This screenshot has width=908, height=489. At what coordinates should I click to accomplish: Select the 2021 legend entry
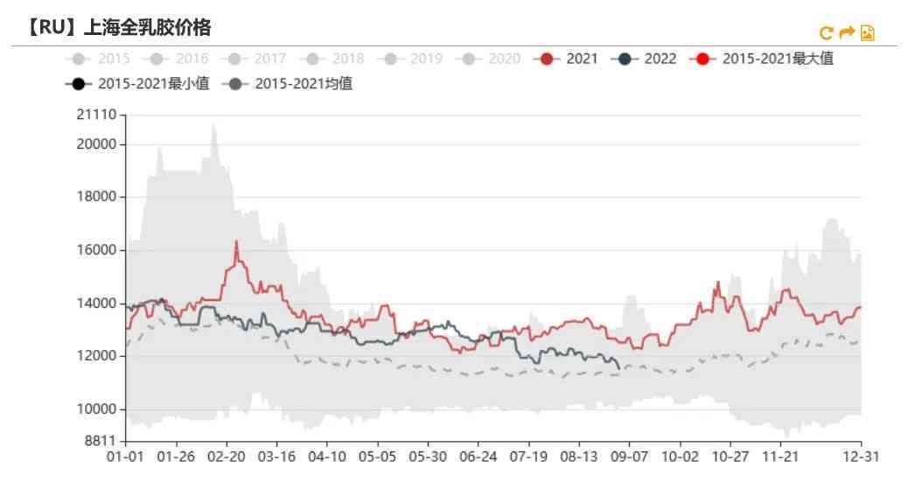coord(569,59)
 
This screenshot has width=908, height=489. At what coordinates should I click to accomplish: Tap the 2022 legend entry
coord(647,59)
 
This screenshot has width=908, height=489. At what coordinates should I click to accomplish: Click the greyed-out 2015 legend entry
coord(101,59)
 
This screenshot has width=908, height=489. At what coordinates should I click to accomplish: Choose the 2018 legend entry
coord(336,59)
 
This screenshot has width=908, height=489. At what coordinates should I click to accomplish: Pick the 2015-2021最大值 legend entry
coord(765,59)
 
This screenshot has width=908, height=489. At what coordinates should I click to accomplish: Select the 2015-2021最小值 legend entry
coord(140,84)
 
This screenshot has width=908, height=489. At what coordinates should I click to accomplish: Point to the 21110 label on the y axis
coord(98,115)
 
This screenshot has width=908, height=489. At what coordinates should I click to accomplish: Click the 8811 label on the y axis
coord(102,441)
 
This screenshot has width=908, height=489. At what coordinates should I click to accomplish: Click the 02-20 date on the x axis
coord(226,457)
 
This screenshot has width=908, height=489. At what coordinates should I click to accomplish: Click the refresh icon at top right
coord(826,33)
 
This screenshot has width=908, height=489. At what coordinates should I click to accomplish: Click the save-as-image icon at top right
coord(868,33)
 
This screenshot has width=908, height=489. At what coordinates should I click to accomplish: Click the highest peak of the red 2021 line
coord(236,241)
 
